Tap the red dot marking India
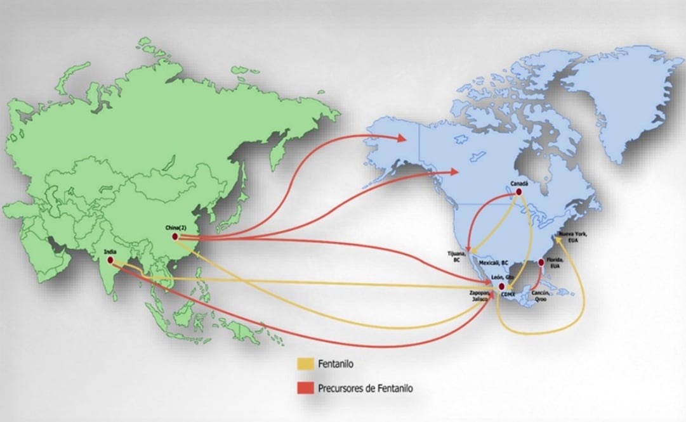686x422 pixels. point(111,260)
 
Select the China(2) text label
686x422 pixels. point(173,228)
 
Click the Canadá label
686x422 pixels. point(519,184)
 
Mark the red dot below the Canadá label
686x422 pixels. point(518,191)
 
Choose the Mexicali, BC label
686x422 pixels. point(494,262)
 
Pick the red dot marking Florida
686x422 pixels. point(541,262)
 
